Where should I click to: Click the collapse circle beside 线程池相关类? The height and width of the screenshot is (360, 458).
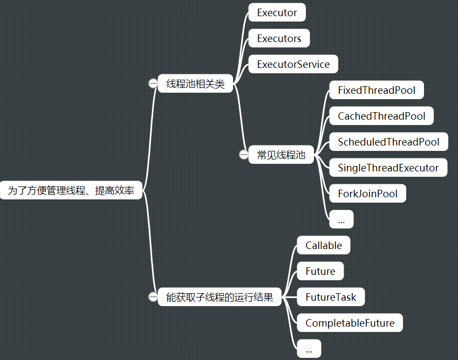pyautogui.click(x=153, y=84)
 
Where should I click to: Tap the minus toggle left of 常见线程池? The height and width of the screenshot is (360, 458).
pyautogui.click(x=244, y=154)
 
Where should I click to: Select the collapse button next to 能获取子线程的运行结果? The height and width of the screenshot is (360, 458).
pyautogui.click(x=153, y=297)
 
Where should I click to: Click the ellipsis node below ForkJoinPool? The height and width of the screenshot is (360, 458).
pyautogui.click(x=341, y=219)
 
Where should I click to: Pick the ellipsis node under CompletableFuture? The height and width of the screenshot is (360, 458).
pyautogui.click(x=309, y=348)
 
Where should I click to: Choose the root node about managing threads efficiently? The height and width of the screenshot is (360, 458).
pyautogui.click(x=71, y=190)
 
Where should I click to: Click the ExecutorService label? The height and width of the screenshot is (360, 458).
pyautogui.click(x=293, y=64)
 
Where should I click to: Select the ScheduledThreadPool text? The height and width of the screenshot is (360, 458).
pyautogui.click(x=388, y=142)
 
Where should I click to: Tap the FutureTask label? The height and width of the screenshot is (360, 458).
pyautogui.click(x=331, y=297)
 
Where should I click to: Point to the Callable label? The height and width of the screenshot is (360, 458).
pyautogui.click(x=324, y=245)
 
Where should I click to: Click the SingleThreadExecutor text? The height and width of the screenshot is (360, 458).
pyautogui.click(x=388, y=168)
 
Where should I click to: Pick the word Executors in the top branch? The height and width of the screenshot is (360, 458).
pyautogui.click(x=279, y=38)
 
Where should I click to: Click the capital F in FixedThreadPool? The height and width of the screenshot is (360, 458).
pyautogui.click(x=340, y=90)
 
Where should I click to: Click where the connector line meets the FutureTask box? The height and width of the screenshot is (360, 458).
pyautogui.click(x=297, y=297)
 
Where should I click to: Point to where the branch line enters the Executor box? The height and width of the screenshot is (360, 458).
pyautogui.click(x=249, y=12)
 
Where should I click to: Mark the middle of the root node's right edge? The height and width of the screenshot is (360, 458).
pyautogui.click(x=142, y=190)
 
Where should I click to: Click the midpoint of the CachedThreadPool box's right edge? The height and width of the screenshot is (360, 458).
pyautogui.click(x=434, y=116)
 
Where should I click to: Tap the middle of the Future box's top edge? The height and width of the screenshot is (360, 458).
pyautogui.click(x=320, y=262)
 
